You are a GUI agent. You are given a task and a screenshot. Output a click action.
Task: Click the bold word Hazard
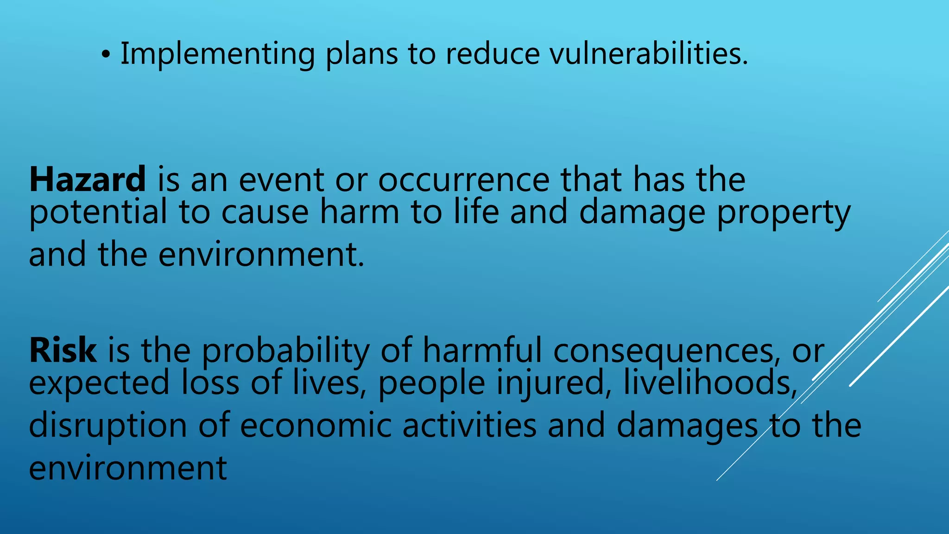pyautogui.click(x=88, y=180)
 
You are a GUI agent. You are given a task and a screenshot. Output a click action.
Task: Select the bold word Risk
pyautogui.click(x=63, y=350)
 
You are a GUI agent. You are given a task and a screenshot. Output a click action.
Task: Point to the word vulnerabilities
pyautogui.click(x=648, y=54)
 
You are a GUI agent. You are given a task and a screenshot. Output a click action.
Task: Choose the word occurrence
pyautogui.click(x=463, y=180)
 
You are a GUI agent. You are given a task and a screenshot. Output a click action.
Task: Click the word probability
pyautogui.click(x=285, y=351)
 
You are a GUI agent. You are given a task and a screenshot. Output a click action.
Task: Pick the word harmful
pyautogui.click(x=482, y=350)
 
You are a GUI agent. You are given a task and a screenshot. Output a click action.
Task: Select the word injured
pyautogui.click(x=554, y=384)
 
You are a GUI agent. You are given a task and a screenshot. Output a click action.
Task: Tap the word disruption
pyautogui.click(x=108, y=426)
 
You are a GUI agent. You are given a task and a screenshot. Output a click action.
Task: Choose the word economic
pyautogui.click(x=316, y=426)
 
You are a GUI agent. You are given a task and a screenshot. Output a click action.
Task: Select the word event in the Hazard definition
pyautogui.click(x=281, y=180)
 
